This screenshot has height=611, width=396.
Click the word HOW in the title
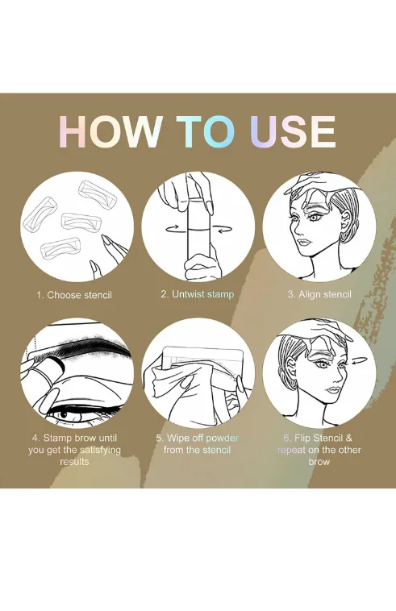(111, 131)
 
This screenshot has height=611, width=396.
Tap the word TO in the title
(206, 131)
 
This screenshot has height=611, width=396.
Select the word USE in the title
(293, 131)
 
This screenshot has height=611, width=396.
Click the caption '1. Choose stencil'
(74, 295)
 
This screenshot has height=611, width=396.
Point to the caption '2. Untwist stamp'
(198, 294)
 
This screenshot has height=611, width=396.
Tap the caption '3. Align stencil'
(319, 294)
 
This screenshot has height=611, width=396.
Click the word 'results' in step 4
(74, 462)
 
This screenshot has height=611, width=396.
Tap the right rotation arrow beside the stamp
(224, 230)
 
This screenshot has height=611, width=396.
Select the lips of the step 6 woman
(333, 390)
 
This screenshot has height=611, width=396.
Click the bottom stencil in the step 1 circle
(60, 248)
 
